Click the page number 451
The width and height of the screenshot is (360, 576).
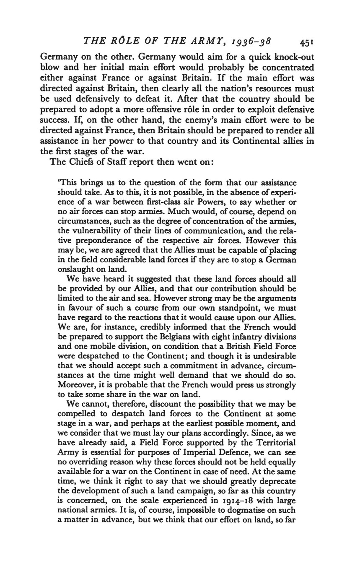[x=307, y=42]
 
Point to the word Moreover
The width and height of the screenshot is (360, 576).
[x=74, y=384]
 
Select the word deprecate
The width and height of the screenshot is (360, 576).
[x=277, y=481]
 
